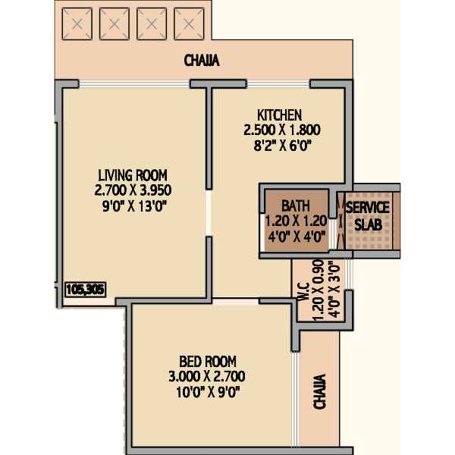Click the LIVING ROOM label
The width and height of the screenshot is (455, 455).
133,175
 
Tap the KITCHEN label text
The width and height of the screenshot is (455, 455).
279,115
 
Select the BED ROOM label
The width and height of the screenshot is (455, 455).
208,362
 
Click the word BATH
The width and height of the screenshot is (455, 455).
296,206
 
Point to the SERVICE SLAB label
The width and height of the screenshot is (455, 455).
368,216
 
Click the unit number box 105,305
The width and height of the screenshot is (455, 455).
85,290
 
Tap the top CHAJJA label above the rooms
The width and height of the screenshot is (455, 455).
202,61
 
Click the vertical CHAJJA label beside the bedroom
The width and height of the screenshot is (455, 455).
319,392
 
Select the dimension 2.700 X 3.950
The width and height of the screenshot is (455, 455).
133,190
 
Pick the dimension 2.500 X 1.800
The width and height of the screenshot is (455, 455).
282,130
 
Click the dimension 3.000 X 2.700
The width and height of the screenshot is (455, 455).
207,377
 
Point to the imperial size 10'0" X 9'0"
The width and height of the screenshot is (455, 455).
209,392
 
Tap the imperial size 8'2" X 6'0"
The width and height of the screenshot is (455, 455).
282,146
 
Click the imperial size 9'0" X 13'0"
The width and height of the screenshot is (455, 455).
135,206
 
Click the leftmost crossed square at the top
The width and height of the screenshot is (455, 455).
77,24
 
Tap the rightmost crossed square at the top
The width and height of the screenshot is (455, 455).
189,24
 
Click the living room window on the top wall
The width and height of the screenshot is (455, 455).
134,84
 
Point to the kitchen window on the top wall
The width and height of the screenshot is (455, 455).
278,84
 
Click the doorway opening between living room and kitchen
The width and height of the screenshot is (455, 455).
209,213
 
